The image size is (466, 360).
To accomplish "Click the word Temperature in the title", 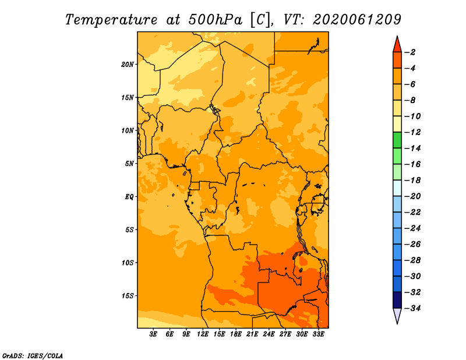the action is point(111,20).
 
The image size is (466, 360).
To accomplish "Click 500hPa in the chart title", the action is point(216,20).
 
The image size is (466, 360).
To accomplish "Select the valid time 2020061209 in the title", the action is point(357,20).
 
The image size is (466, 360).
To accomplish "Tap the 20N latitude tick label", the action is point(128,65).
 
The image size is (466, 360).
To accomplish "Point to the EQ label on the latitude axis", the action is point(129,197).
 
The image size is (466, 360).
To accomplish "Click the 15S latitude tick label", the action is point(128,296).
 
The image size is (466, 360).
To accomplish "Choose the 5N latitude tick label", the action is point(129,164).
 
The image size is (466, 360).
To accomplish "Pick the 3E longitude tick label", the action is point(153,334).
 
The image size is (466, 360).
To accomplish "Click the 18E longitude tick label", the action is point(236,334).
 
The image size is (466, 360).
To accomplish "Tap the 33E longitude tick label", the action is point(318,334).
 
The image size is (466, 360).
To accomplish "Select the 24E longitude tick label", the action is point(269,334).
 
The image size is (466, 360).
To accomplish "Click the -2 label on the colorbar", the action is point(410,52).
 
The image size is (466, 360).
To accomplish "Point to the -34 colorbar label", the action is point(412,308).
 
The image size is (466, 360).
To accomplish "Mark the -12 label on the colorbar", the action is point(412,132).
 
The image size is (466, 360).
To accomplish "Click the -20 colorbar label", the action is point(412,196).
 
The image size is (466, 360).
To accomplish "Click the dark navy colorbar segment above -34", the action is point(397,300).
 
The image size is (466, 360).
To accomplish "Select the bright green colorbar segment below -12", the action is point(397,140).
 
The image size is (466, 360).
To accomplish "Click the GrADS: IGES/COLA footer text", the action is point(33,356).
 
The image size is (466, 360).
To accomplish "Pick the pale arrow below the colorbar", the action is point(397,315).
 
